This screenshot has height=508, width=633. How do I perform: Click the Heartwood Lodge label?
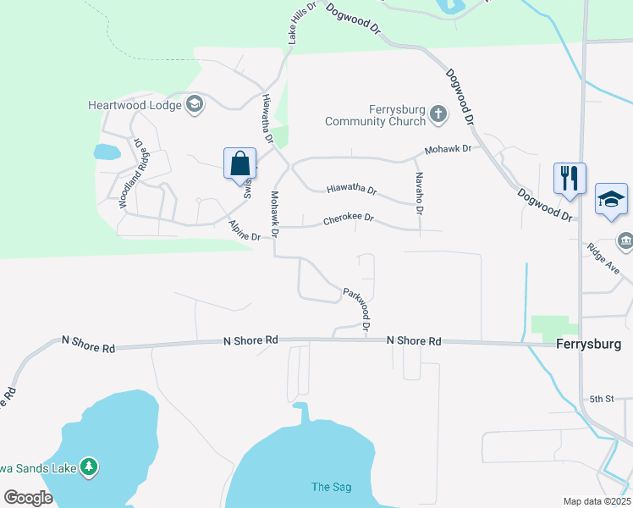[135, 105]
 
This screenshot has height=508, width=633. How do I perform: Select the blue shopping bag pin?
[240, 162]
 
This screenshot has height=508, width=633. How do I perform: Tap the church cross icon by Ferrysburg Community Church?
[438, 113]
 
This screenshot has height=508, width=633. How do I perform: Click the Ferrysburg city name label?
[589, 345]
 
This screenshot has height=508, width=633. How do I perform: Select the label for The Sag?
[331, 487]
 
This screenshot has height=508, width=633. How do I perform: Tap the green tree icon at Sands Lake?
[89, 467]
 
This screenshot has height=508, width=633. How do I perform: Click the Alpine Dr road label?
[245, 231]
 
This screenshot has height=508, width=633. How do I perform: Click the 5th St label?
[601, 399]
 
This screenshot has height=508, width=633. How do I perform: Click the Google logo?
[28, 497]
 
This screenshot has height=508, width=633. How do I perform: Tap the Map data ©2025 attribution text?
[597, 501]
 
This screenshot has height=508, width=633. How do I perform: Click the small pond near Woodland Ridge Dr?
[107, 152]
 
